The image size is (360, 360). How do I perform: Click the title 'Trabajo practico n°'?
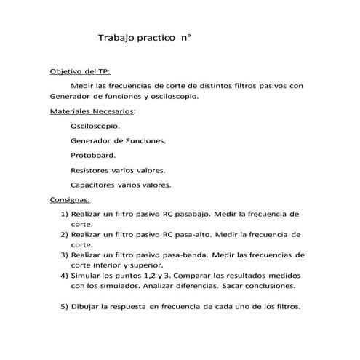point(144,36)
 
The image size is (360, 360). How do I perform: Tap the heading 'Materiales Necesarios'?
point(92,112)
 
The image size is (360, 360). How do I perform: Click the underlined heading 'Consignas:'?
point(69,199)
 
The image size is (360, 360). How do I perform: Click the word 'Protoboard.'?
point(93,156)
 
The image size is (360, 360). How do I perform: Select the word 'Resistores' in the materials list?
point(89,170)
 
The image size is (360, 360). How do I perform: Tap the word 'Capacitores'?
point(92,185)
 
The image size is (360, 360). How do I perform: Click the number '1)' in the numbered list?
point(63,215)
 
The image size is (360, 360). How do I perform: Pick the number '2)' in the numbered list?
point(63,235)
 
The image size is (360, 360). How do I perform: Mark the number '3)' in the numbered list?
point(63,255)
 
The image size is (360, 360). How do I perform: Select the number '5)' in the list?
point(63,306)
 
